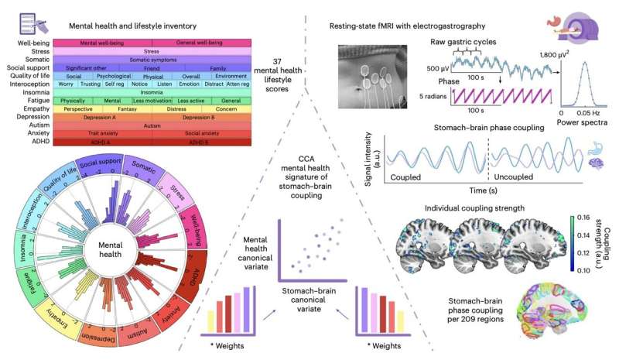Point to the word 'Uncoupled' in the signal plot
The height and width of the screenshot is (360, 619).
(516, 177)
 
